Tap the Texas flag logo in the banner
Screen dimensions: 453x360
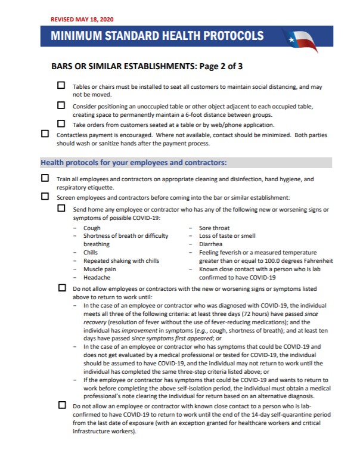pyautogui.click(x=302, y=38)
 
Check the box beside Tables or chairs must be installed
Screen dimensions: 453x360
pyautogui.click(x=61, y=86)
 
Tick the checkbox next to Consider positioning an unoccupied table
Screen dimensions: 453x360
pyautogui.click(x=61, y=106)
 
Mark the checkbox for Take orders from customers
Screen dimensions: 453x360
pyautogui.click(x=61, y=124)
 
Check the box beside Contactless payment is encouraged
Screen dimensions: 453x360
pyautogui.click(x=45, y=134)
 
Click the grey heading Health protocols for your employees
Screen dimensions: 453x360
pyautogui.click(x=133, y=162)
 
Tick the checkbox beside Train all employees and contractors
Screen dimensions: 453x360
pyautogui.click(x=45, y=178)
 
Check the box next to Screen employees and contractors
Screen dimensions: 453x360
pyautogui.click(x=45, y=196)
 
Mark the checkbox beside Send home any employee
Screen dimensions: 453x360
pyautogui.click(x=61, y=209)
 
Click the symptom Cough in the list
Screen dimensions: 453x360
pyautogui.click(x=92, y=228)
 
